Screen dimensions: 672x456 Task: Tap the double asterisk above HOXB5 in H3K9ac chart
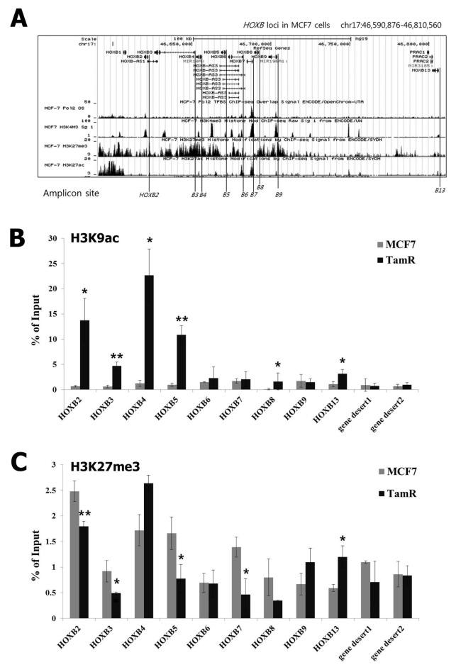tap(182, 320)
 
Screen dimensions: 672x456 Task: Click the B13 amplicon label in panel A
tap(440, 190)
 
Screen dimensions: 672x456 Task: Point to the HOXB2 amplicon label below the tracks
tap(149, 194)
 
